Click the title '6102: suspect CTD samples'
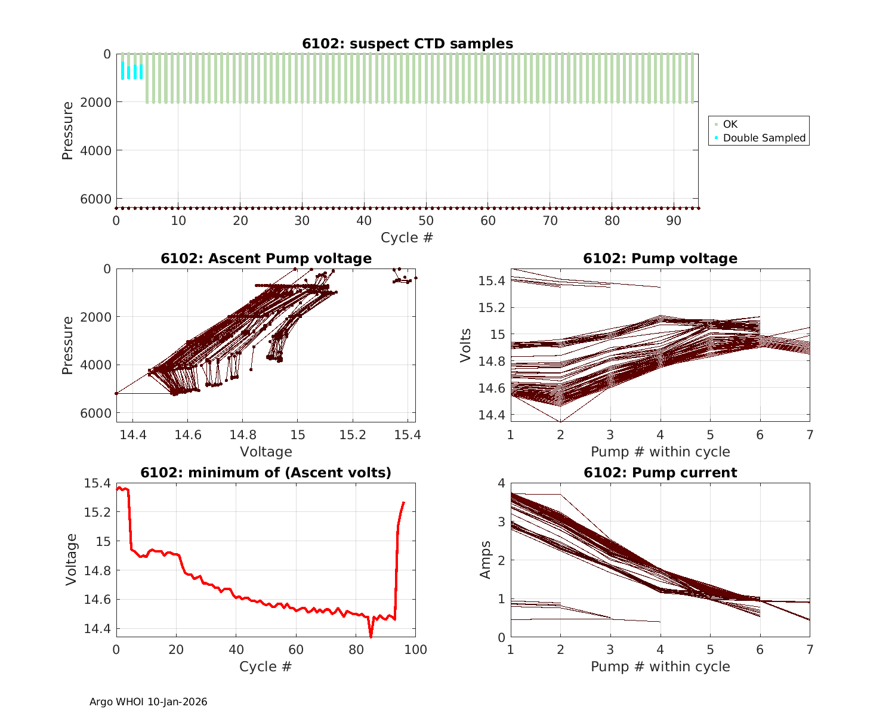point(407,44)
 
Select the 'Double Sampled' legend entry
point(764,138)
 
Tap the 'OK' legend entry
point(730,124)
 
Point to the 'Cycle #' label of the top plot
point(407,237)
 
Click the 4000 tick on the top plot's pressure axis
point(96,150)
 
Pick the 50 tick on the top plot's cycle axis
point(426,221)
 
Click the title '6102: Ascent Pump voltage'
point(266,258)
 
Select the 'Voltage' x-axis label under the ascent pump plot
point(266,452)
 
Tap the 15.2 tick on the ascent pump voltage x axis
point(353,436)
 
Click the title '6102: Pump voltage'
point(660,258)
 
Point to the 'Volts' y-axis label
point(465,345)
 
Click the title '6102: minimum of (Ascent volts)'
point(266,473)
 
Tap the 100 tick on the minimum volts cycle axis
point(415,650)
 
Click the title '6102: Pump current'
point(660,473)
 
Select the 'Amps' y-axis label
point(485,560)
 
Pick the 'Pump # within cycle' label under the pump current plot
point(660,666)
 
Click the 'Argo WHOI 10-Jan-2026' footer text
point(148,702)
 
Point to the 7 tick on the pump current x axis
point(810,650)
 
